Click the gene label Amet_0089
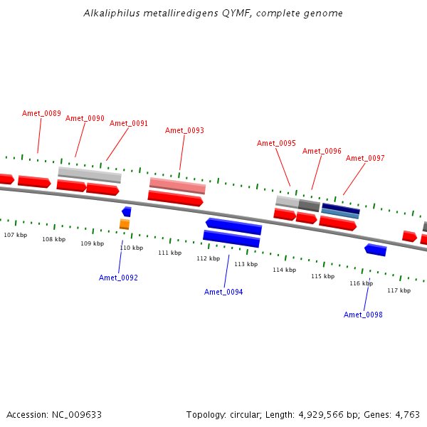pos(41,113)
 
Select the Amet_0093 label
pos(184,130)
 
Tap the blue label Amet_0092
pos(118,278)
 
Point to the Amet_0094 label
pos(223,292)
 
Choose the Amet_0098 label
pos(363,315)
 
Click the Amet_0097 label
pos(365,158)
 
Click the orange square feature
pos(125,224)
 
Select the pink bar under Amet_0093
pos(177,186)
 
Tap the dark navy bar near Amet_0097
pos(341,209)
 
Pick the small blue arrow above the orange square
pos(127,211)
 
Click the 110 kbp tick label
pos(132,248)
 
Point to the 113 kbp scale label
pos(246,264)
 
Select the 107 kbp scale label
pos(16,235)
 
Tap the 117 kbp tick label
pos(399,290)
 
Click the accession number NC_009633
pos(77,415)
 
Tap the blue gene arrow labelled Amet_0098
pos(376,250)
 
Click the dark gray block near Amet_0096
pos(309,206)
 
